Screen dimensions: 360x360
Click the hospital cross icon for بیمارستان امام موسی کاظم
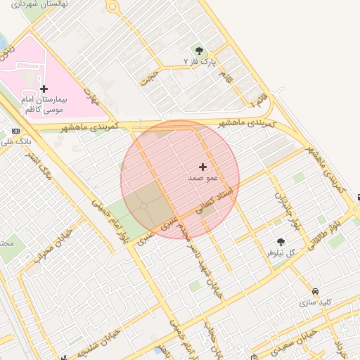tap(44, 89)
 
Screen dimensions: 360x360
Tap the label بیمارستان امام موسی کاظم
tap(43, 105)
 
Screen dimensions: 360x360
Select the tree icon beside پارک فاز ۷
tap(200, 50)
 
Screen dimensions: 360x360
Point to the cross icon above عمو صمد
tap(203, 167)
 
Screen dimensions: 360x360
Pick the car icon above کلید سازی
tap(315, 291)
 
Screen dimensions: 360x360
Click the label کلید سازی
tap(315, 302)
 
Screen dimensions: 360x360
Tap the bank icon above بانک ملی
tap(15, 131)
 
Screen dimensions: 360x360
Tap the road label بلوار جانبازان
tap(281, 205)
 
